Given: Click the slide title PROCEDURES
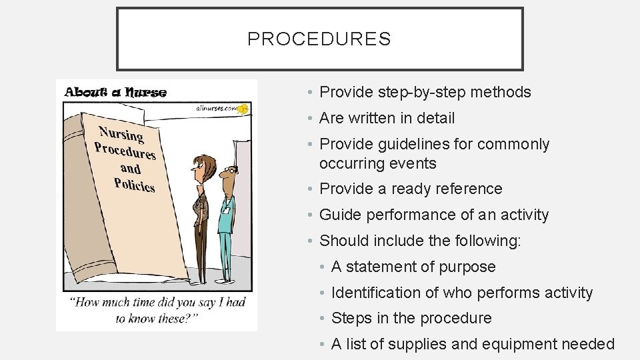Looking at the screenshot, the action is (x=319, y=39).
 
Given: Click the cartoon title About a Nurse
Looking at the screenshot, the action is (x=115, y=92).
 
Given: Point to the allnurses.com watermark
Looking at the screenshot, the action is (x=218, y=107).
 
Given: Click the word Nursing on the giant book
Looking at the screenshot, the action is (x=121, y=133).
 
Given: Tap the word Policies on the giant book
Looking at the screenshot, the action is (x=134, y=183).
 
